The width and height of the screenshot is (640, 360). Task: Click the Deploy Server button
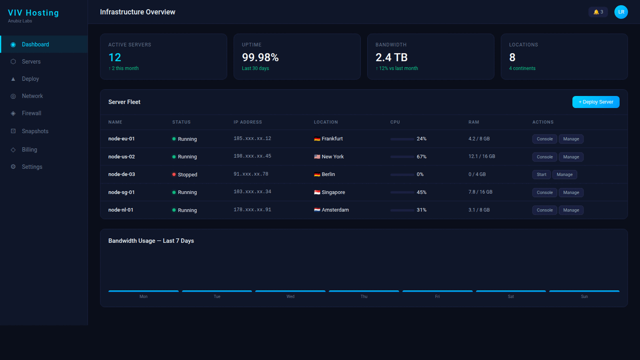point(595,102)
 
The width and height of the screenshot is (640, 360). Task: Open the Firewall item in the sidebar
point(31,113)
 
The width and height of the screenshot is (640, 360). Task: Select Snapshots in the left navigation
point(35,131)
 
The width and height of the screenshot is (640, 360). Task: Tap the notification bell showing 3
point(598,12)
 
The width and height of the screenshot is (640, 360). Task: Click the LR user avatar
point(621,12)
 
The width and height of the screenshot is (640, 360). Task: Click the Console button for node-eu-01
point(544,139)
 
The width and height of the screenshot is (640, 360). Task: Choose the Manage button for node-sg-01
point(571,192)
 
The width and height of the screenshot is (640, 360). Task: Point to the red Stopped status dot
point(174,174)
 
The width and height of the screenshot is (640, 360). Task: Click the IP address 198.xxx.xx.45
point(252,156)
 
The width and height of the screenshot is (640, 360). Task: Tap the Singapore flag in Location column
point(317,192)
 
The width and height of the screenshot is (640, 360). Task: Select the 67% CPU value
point(421,157)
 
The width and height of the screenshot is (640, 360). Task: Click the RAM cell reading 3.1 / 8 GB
point(479,210)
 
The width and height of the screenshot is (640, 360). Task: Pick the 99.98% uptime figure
point(260,57)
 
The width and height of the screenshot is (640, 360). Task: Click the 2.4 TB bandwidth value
point(391,57)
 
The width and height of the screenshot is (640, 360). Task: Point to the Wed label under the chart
point(290,296)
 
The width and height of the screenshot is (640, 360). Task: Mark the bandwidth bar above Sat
point(510,291)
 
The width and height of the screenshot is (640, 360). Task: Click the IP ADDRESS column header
point(247,122)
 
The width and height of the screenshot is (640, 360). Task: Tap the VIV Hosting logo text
point(33,13)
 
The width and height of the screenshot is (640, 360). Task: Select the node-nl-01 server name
point(121,210)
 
